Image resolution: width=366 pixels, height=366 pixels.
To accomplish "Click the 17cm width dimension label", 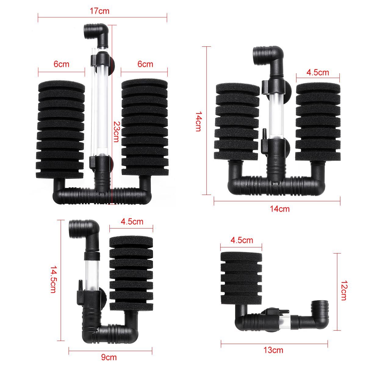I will (x=100, y=11).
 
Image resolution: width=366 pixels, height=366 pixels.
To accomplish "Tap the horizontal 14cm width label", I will (x=279, y=209).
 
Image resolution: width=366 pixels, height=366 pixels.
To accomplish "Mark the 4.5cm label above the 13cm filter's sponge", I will (x=242, y=240).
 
